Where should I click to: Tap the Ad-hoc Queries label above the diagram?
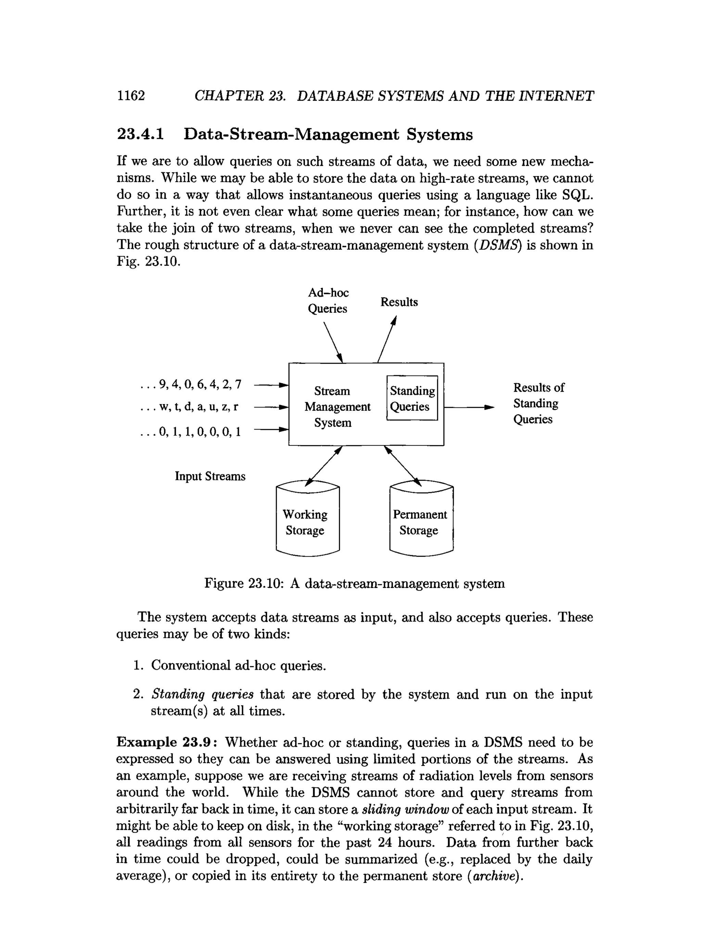pyautogui.click(x=328, y=300)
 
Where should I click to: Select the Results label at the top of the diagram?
pyautogui.click(x=399, y=302)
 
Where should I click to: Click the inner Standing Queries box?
pyautogui.click(x=412, y=398)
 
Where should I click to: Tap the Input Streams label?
pyautogui.click(x=210, y=476)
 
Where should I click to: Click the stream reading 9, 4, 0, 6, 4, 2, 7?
pyautogui.click(x=191, y=384)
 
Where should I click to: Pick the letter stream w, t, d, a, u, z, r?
pyautogui.click(x=189, y=407)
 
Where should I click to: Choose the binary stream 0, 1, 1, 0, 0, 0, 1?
pyautogui.click(x=191, y=432)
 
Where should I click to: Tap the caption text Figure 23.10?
pyautogui.click(x=242, y=584)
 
